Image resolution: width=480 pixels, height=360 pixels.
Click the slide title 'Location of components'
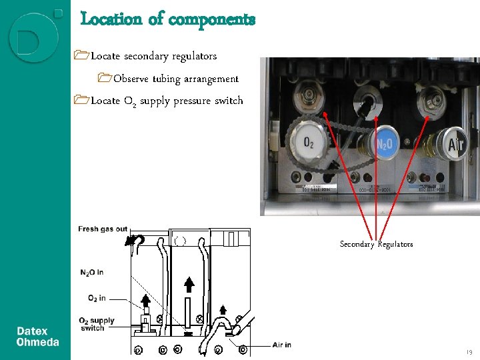point(167,19)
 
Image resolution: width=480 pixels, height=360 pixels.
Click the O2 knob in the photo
point(309,142)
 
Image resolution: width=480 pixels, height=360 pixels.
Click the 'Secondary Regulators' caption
point(376,244)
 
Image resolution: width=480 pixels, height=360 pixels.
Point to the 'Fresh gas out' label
point(103,229)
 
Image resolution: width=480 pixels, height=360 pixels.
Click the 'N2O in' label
point(91,272)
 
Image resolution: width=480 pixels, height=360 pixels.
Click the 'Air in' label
point(281,345)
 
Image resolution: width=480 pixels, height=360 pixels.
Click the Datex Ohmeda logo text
point(37,337)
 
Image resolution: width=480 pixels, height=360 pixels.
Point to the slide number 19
point(469,351)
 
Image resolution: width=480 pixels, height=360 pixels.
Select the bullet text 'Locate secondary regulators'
point(153,56)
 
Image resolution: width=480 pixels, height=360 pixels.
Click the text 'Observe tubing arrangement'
point(175,79)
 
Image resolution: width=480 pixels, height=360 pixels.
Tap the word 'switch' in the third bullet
point(227,101)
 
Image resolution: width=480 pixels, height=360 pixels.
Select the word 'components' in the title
point(211,19)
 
